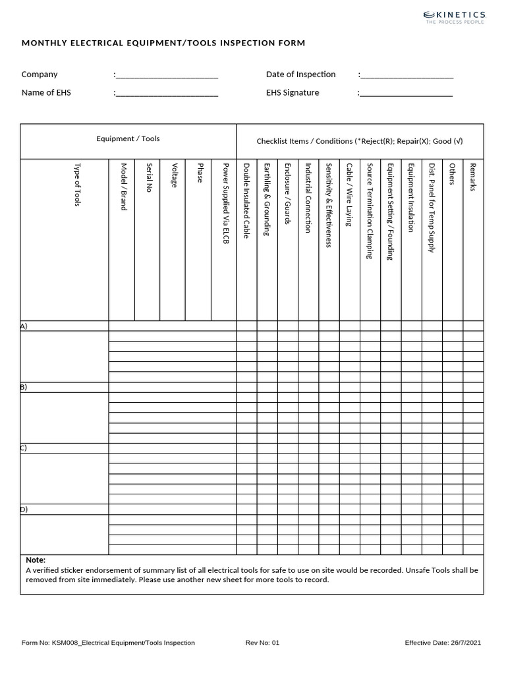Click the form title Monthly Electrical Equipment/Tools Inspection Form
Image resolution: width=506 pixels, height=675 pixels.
pyautogui.click(x=163, y=44)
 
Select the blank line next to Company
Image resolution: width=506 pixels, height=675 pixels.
pyautogui.click(x=167, y=75)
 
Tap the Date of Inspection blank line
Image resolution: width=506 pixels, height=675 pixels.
pyautogui.click(x=407, y=75)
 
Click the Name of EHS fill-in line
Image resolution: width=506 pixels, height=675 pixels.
pyautogui.click(x=167, y=94)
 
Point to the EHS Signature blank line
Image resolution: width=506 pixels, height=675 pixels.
pyautogui.click(x=407, y=94)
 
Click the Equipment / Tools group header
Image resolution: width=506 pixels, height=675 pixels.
pyautogui.click(x=128, y=139)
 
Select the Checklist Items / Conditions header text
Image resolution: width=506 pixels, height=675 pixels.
pyautogui.click(x=360, y=142)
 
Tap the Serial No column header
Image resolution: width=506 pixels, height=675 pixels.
pyautogui.click(x=150, y=177)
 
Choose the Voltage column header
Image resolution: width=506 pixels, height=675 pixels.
pyautogui.click(x=174, y=175)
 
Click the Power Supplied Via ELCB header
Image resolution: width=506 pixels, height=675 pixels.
pyautogui.click(x=225, y=204)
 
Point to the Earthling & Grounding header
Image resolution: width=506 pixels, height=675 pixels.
pyautogui.click(x=267, y=199)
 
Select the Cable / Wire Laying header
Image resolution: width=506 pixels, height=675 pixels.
pyautogui.click(x=349, y=196)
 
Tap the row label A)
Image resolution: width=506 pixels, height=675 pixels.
pyautogui.click(x=24, y=326)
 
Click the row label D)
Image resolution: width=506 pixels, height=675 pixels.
pyautogui.click(x=24, y=510)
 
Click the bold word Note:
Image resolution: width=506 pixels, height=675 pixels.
pyautogui.click(x=36, y=560)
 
